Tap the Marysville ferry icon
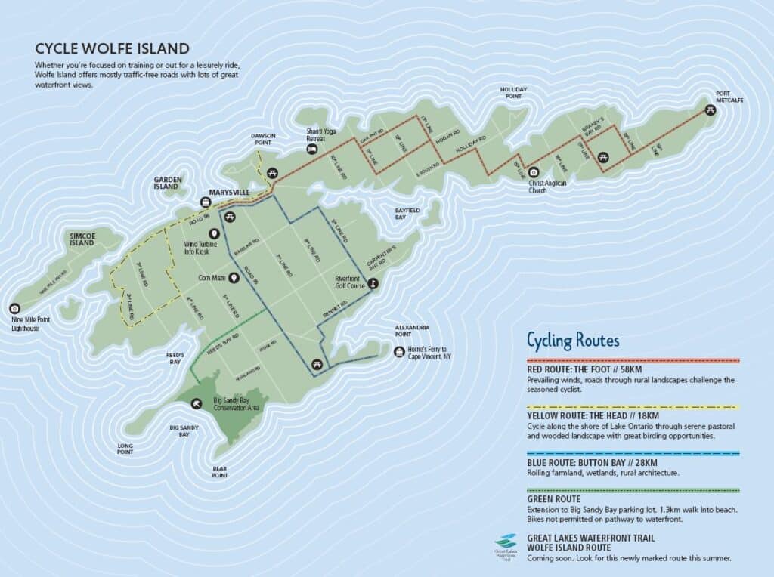[x=205, y=202]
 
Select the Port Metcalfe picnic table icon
[x=710, y=110]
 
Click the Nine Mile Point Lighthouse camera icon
[x=14, y=308]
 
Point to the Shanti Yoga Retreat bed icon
[x=311, y=150]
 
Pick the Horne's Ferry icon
[x=399, y=351]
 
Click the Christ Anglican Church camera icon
[x=533, y=171]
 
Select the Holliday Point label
[x=513, y=93]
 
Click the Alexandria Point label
[x=413, y=331]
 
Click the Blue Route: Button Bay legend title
[x=592, y=462]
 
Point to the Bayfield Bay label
[x=407, y=213]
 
